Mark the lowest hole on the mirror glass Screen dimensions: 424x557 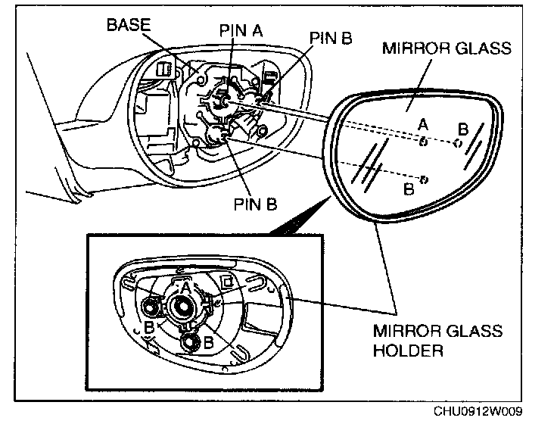tap(424, 179)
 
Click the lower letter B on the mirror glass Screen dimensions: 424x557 tap(409, 189)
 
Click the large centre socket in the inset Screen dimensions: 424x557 tap(182, 306)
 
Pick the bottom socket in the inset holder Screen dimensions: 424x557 tap(188, 341)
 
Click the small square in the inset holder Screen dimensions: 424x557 tap(226, 282)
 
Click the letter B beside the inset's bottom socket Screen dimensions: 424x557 tap(207, 342)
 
